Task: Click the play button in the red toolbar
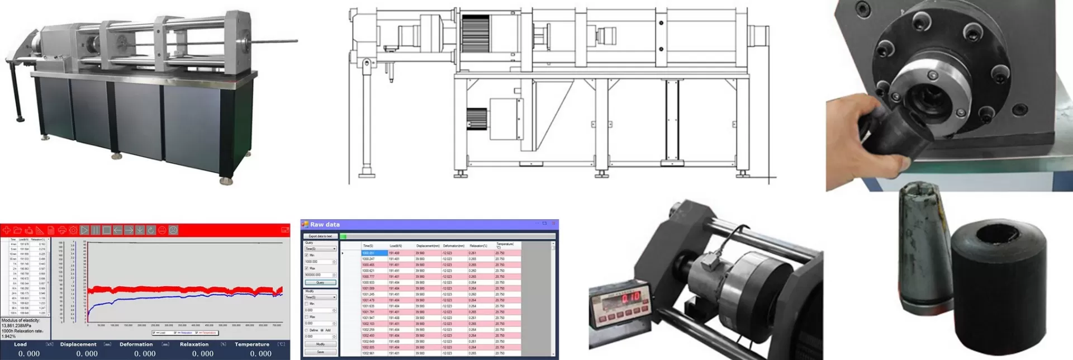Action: pyautogui.click(x=84, y=230)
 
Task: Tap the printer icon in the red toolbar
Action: pyautogui.click(x=62, y=230)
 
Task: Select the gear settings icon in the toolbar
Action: pyautogui.click(x=73, y=230)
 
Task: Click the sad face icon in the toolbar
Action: pyautogui.click(x=173, y=230)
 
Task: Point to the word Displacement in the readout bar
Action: pyautogui.click(x=78, y=344)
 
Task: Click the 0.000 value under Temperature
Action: pyautogui.click(x=260, y=354)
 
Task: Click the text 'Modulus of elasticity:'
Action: pyautogui.click(x=21, y=321)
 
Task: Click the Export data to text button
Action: pyautogui.click(x=321, y=236)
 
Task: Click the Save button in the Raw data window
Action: pyautogui.click(x=320, y=352)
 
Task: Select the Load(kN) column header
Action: pyautogui.click(x=395, y=246)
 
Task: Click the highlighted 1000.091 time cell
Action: pyautogui.click(x=374, y=253)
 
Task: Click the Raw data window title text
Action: pyautogui.click(x=325, y=224)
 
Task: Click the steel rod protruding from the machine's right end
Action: pyautogui.click(x=274, y=40)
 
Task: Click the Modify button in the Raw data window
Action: pyautogui.click(x=320, y=344)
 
